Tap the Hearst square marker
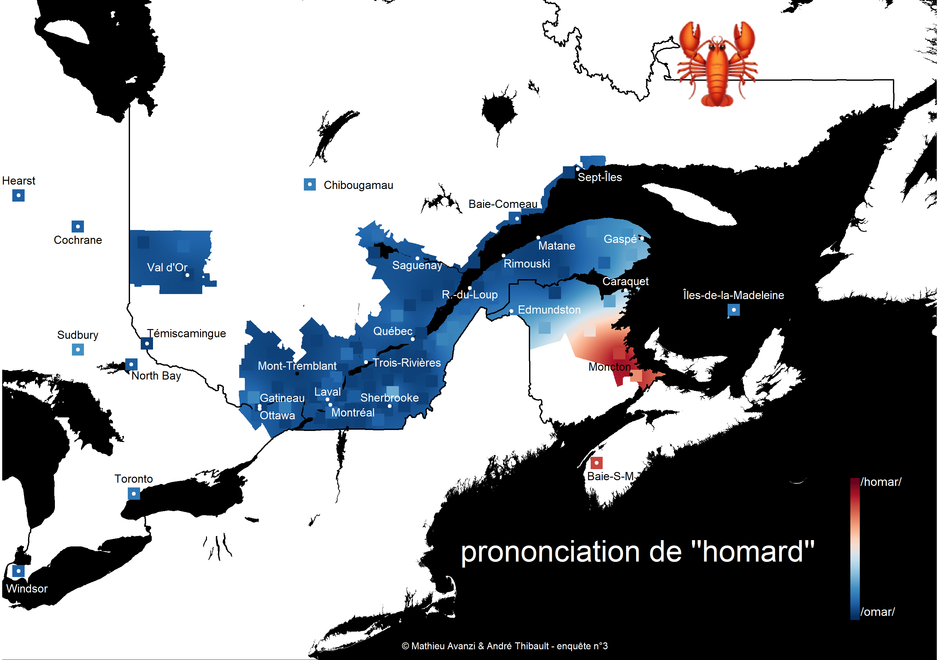click(x=18, y=196)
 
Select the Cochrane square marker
click(x=78, y=227)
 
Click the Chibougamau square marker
click(x=310, y=185)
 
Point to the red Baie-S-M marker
click(x=596, y=463)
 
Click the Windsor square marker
click(x=18, y=571)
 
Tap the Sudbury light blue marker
click(x=78, y=350)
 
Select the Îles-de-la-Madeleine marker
click(x=734, y=310)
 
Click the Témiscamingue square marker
click(x=147, y=344)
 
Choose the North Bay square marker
click(x=131, y=364)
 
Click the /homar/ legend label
click(x=881, y=482)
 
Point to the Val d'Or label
click(x=167, y=268)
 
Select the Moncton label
click(x=609, y=367)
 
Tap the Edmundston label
click(x=549, y=310)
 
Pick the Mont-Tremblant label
click(x=297, y=366)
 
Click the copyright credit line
click(x=505, y=646)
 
